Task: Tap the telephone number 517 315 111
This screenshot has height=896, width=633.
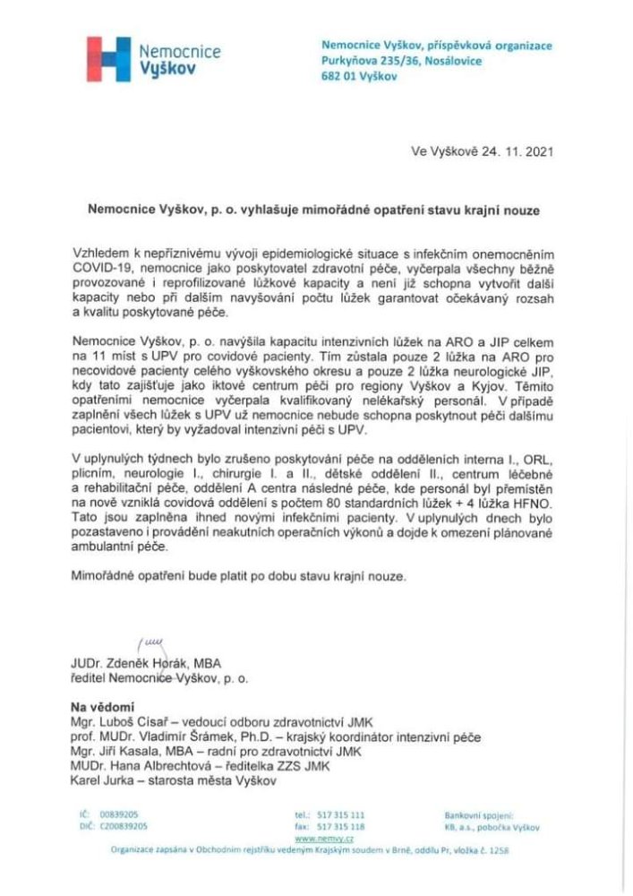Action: [341, 814]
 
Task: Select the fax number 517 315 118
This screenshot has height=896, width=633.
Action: [341, 826]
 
